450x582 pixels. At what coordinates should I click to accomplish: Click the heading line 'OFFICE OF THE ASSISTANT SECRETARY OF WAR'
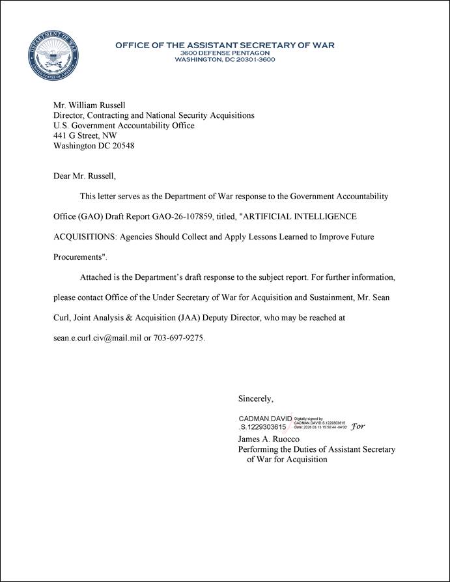point(225,45)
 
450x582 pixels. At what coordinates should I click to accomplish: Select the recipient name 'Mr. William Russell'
point(89,105)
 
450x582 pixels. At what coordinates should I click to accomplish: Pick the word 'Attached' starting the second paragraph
point(96,277)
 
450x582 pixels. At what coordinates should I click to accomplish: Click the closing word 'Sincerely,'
point(256,398)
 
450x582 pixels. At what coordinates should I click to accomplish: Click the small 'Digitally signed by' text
point(309,420)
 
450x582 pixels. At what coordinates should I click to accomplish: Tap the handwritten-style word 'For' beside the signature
point(358,427)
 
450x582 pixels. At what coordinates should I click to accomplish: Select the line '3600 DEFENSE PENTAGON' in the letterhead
point(225,53)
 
